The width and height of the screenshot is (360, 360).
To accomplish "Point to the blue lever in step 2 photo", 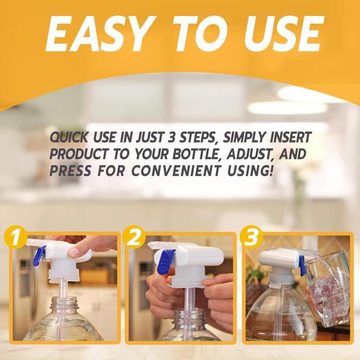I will [x=165, y=261].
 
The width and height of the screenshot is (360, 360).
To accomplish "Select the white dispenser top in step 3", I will [x=278, y=257].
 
